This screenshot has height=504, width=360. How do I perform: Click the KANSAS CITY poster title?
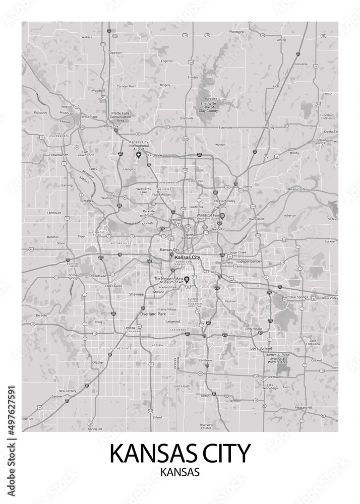[179, 454]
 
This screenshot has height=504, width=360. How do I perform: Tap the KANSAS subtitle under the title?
[179, 473]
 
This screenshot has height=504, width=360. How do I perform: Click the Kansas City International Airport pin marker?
[139, 155]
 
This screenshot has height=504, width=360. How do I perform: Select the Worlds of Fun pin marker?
[221, 216]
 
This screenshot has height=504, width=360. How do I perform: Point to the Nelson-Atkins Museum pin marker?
[187, 279]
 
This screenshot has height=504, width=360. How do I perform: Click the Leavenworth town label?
[59, 155]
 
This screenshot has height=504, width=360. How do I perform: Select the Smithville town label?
[187, 118]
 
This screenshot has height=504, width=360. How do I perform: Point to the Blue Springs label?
[298, 297]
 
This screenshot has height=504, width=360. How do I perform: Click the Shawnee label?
[136, 294]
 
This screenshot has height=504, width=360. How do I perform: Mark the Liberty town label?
[247, 186]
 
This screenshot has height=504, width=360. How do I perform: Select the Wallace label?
[87, 37]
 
